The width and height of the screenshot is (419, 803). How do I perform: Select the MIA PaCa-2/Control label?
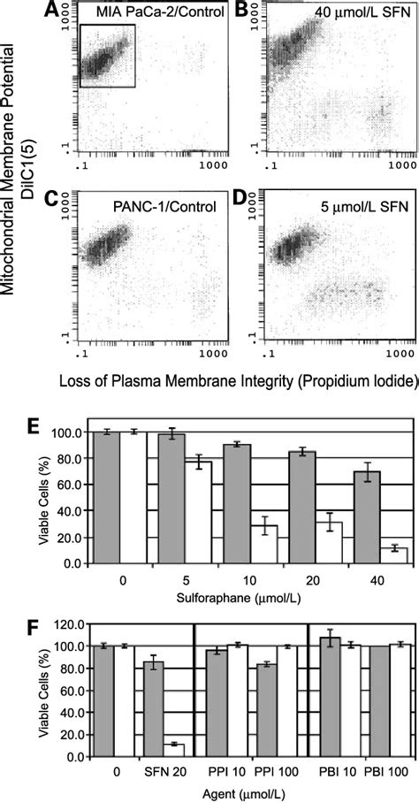pos(149,12)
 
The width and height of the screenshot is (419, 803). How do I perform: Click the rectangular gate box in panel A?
pos(107,55)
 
